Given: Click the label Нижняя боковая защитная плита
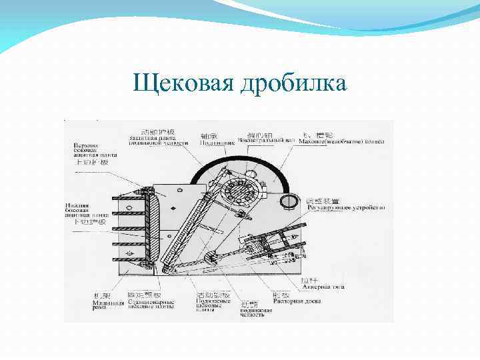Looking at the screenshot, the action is [85, 213].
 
